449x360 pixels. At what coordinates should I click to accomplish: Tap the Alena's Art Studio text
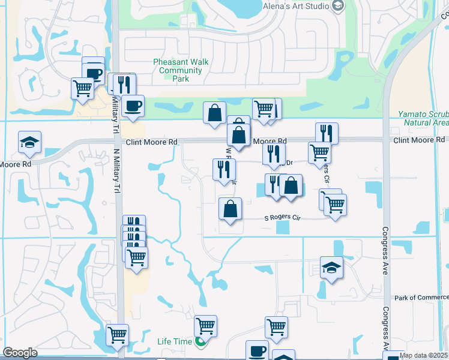(297, 6)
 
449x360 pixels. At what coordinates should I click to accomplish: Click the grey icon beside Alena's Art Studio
(338, 6)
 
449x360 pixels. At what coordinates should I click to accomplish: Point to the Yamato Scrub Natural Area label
(423, 118)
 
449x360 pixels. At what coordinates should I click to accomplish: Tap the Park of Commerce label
(421, 298)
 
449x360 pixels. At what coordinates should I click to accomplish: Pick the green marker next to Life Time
(199, 342)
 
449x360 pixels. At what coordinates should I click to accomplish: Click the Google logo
(20, 353)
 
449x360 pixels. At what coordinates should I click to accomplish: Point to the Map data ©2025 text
(423, 355)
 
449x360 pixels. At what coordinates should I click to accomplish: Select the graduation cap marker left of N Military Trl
(29, 143)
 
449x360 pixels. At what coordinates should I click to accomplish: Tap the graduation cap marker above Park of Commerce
(331, 267)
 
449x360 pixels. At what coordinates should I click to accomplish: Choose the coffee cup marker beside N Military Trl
(133, 106)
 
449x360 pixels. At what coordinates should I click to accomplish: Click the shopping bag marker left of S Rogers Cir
(230, 209)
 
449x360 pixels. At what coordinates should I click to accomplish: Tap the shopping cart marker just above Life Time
(205, 326)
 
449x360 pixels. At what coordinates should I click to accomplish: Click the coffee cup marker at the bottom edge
(257, 350)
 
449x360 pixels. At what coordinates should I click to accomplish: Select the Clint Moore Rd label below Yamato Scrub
(418, 140)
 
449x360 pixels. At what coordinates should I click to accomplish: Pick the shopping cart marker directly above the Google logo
(117, 334)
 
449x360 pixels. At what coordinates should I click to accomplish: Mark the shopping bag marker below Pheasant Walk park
(214, 113)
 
